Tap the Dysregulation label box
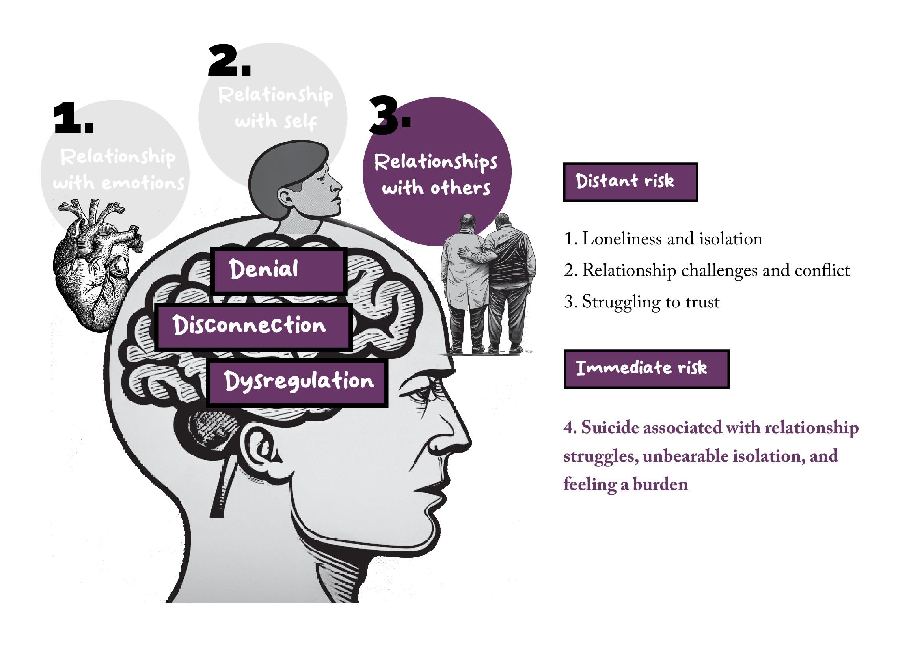pyautogui.click(x=298, y=383)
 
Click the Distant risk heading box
pyautogui.click(x=630, y=182)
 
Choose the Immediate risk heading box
pyautogui.click(x=646, y=369)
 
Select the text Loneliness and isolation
pyautogui.click(x=663, y=239)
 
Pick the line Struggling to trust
pyautogui.click(x=642, y=302)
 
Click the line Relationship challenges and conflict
pyautogui.click(x=707, y=270)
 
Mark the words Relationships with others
pyautogui.click(x=436, y=175)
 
